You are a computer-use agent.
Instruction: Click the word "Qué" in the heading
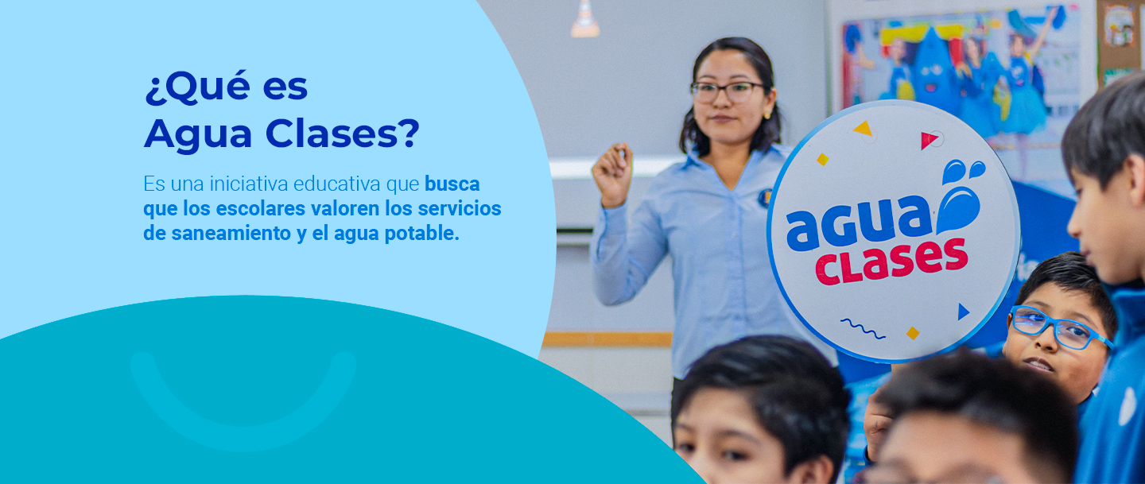(204, 87)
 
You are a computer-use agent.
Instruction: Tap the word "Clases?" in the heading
(342, 134)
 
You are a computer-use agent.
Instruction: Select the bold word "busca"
(452, 184)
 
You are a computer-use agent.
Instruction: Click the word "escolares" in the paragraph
(261, 208)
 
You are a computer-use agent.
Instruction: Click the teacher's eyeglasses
(727, 91)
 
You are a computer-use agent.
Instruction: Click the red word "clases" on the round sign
(891, 261)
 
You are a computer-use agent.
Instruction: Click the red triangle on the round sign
(928, 140)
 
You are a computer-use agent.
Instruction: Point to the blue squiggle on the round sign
(863, 328)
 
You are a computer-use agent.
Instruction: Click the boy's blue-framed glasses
(1058, 327)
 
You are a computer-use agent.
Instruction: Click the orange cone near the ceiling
(585, 18)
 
